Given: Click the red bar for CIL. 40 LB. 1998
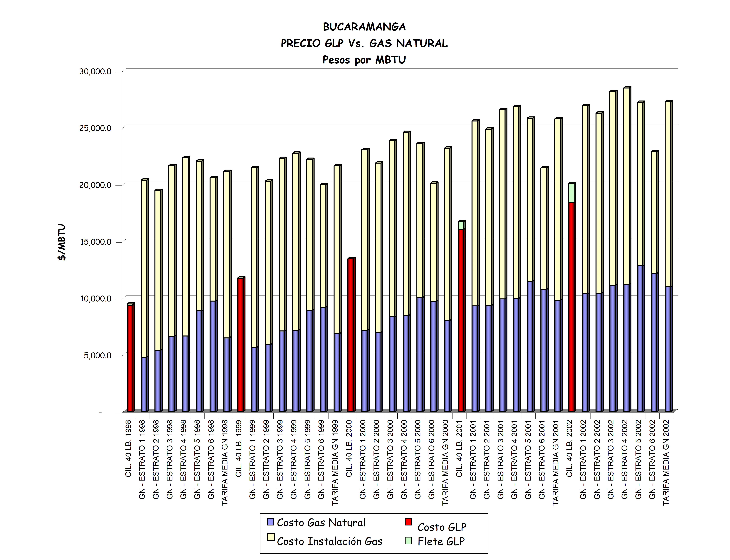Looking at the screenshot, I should click(130, 358).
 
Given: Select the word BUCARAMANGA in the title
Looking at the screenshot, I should click(364, 27).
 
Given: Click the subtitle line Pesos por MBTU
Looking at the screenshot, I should click(364, 60).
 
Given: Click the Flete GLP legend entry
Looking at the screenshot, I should click(441, 541).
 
